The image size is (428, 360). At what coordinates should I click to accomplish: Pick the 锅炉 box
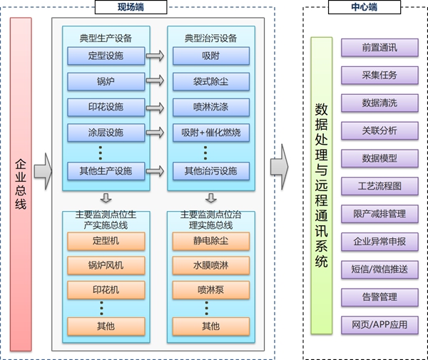[x=106, y=81]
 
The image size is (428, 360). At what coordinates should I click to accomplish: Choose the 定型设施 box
[x=106, y=56]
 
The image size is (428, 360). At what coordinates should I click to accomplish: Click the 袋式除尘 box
[x=210, y=81]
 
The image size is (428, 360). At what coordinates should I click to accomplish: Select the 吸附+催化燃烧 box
[x=210, y=133]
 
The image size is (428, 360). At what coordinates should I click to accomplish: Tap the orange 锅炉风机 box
[x=106, y=266]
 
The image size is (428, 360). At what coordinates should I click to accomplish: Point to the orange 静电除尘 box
[x=210, y=241]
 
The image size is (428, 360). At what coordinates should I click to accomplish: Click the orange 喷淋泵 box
[x=210, y=291]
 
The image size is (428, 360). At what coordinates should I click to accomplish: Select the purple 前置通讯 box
[x=379, y=48]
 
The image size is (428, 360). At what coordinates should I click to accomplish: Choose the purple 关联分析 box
[x=379, y=130]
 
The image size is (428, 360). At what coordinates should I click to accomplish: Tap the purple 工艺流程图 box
[x=379, y=186]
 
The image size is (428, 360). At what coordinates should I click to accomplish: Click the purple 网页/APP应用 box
[x=379, y=324]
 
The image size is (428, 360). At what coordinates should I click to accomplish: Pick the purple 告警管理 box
[x=379, y=297]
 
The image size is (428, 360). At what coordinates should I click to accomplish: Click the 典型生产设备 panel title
[x=106, y=37]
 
